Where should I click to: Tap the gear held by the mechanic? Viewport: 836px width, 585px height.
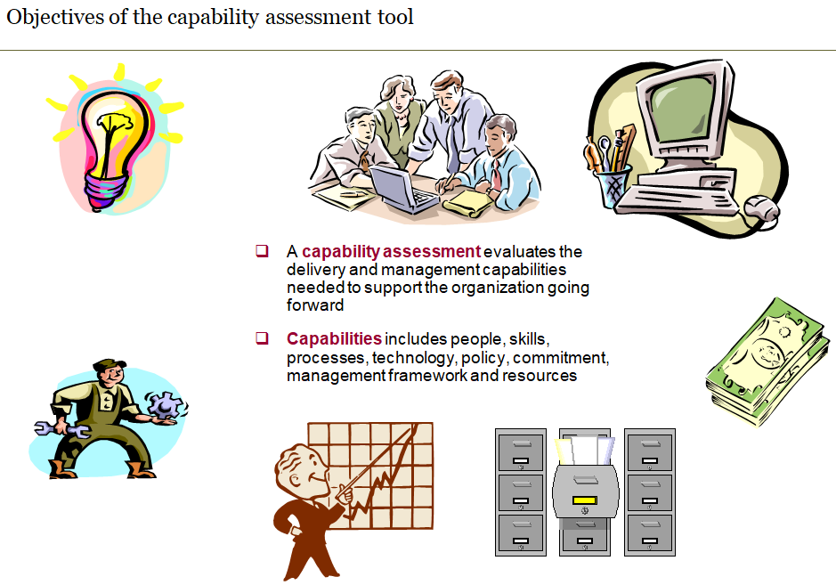[x=164, y=406]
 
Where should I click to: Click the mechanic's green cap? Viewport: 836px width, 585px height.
[x=105, y=364]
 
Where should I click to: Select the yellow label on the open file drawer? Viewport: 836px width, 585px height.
[x=583, y=500]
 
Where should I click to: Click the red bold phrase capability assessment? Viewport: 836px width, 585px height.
[x=391, y=252]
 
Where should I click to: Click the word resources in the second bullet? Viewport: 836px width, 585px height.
[x=544, y=376]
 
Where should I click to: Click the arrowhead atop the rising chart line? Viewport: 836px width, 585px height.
[x=414, y=429]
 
